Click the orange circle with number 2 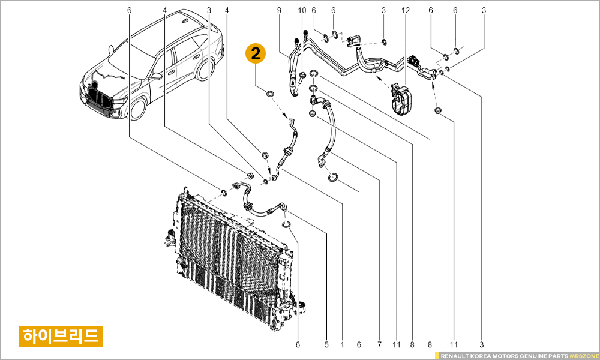click(x=256, y=54)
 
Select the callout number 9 click(x=279, y=10)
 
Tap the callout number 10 click(x=302, y=10)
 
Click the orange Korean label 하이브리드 click(x=61, y=335)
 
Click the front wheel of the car click(x=139, y=109)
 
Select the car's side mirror click(x=157, y=76)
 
